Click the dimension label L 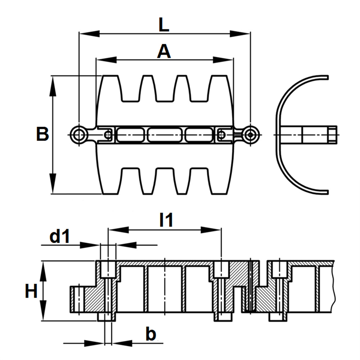pos(164,25)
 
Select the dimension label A pos(164,52)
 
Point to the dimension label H pos(31,291)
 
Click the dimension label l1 pos(166,221)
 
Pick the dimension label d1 pos(59,237)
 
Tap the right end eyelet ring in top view pos(250,135)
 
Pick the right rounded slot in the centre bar pos(199,135)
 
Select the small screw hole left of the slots pos(108,135)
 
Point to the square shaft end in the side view pos(333,134)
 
